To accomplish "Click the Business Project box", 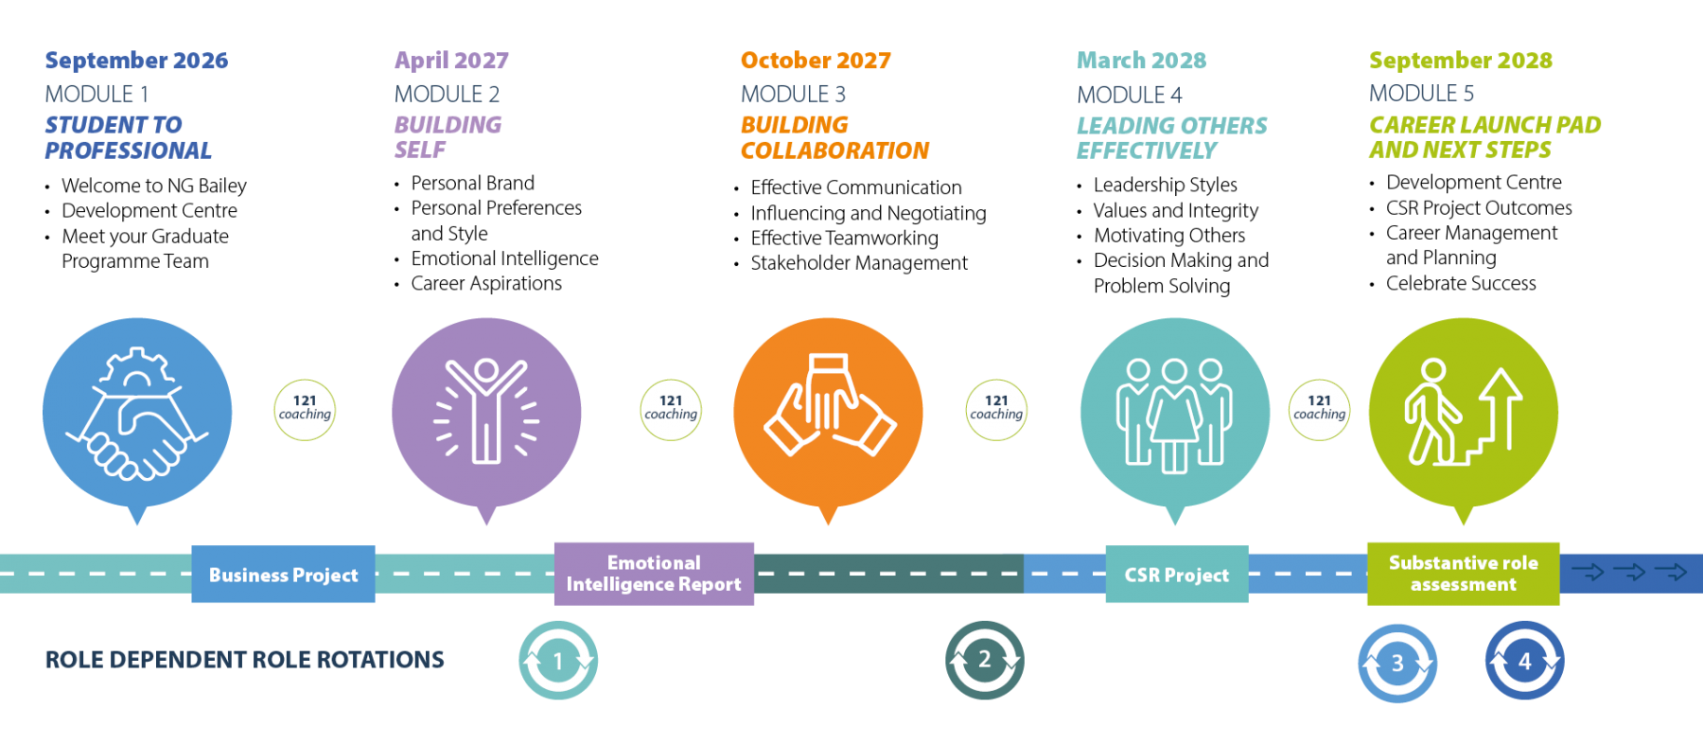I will pos(283,575).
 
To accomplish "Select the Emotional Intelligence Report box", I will pos(654,574).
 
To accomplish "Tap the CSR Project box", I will pos(1176,575).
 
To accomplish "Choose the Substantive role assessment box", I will pos(1463,574).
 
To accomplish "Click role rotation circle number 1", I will pos(558,661).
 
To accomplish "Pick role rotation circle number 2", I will pos(984,660).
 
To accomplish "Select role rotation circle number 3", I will pos(1397,663).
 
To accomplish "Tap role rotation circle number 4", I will pos(1524,661).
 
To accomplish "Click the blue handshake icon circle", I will pos(137,413).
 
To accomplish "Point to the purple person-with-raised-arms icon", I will pos(486,413).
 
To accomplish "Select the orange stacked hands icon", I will pos(828,413).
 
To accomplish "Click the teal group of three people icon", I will pos(1174,413).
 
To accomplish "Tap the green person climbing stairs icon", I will pos(1463,413).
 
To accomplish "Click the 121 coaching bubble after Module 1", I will pos(305,410).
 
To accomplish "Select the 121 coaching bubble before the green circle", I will pos(1319,410).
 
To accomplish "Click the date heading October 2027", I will pos(816,61).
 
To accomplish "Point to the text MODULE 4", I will pos(1129,95).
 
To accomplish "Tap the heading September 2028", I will pos(1460,61).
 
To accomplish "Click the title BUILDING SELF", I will pos(448,137).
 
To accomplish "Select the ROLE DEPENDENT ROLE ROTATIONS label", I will pos(244,660).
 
